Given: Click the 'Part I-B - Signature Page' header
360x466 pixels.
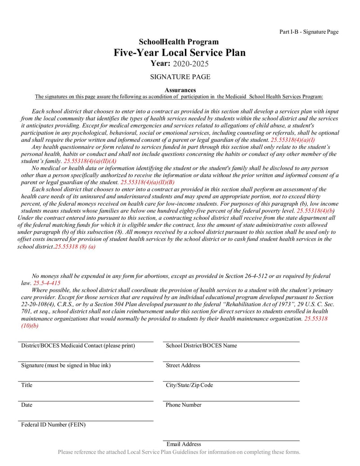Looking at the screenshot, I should pyautogui.click(x=309, y=32).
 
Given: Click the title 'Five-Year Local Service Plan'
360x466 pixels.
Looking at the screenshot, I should pyautogui.click(x=180, y=53).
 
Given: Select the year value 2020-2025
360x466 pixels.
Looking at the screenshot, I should pyautogui.click(x=191, y=64).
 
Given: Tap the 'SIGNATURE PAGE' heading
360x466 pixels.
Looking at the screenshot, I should pyautogui.click(x=180, y=77).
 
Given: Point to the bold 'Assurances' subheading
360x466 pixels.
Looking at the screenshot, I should pyautogui.click(x=180, y=90).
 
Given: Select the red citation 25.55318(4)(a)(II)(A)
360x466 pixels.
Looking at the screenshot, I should pyautogui.click(x=90, y=161).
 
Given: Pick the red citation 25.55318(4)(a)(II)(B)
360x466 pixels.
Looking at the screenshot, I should pyautogui.click(x=148, y=182).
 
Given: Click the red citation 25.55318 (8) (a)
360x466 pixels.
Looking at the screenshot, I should pyautogui.click(x=75, y=247).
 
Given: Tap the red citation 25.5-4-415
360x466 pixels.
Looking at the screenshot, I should pyautogui.click(x=47, y=283).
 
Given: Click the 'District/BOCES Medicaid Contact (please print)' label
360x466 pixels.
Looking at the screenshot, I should pyautogui.click(x=78, y=346).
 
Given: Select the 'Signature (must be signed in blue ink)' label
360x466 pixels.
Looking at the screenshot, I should pyautogui.click(x=66, y=366).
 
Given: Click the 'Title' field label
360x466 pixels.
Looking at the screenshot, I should pyautogui.click(x=27, y=385).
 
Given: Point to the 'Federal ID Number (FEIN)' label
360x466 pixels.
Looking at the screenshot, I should pyautogui.click(x=53, y=425).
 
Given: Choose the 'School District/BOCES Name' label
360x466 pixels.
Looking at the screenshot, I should pyautogui.click(x=201, y=346).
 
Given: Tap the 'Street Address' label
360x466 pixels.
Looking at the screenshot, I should pyautogui.click(x=183, y=366).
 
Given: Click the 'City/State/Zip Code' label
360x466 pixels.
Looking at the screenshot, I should pyautogui.click(x=189, y=385).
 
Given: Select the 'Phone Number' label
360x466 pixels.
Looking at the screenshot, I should pyautogui.click(x=183, y=405).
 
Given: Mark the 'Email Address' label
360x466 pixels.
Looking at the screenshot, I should pyautogui.click(x=184, y=444).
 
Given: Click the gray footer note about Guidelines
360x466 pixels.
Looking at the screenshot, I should pyautogui.click(x=179, y=452).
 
